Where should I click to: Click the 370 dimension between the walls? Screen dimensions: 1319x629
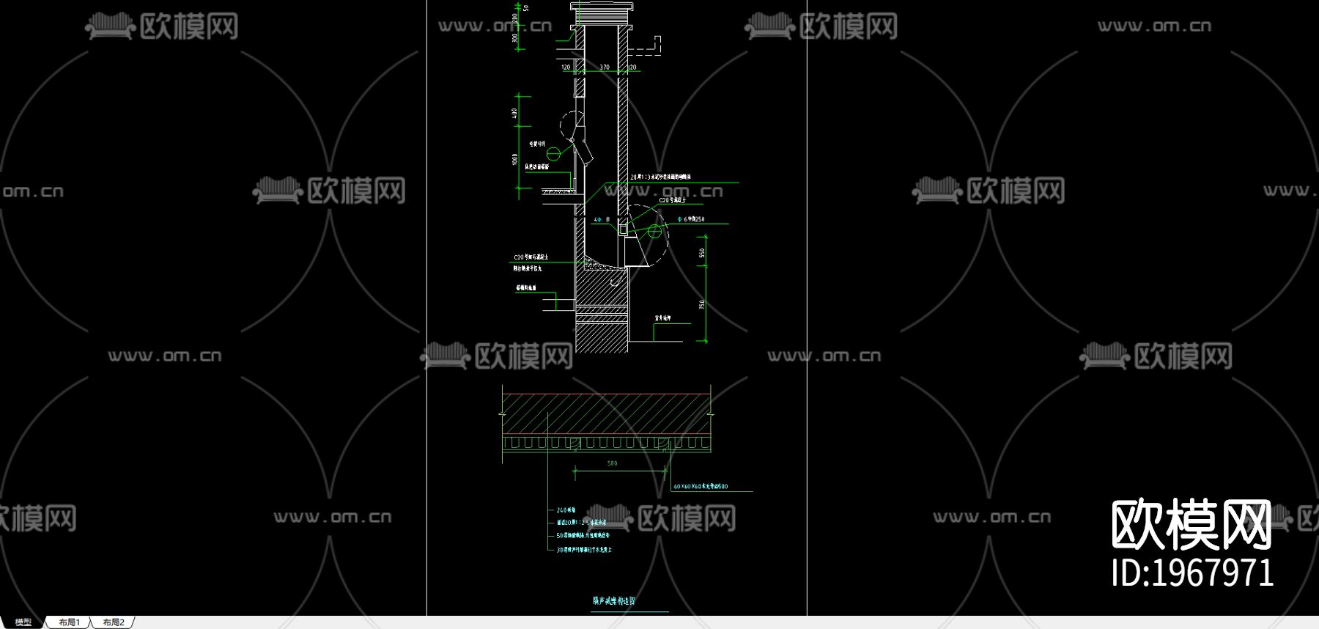tap(605, 67)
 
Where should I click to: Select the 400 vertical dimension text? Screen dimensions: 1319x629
tap(514, 113)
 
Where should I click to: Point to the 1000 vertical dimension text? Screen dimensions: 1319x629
tap(514, 159)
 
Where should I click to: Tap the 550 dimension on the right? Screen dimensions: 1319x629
tap(701, 253)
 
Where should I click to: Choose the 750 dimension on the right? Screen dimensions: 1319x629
tap(701, 304)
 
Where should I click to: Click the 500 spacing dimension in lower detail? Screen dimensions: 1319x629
tap(613, 463)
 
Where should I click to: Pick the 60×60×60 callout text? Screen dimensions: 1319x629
tap(701, 487)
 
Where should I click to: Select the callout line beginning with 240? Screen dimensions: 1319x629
tap(566, 510)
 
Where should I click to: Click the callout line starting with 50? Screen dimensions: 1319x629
tap(583, 536)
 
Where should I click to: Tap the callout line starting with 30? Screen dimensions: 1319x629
tap(584, 549)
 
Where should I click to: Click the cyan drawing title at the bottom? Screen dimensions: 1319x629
tap(614, 601)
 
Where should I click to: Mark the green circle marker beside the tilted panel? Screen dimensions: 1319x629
tap(553, 153)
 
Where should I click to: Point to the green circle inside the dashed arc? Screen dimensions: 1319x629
tap(654, 232)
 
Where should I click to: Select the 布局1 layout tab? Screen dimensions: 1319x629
tap(69, 622)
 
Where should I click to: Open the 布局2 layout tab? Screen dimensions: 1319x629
tap(114, 622)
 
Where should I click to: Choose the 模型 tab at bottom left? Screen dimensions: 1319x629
tap(23, 622)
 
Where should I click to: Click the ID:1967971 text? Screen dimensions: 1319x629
tap(1192, 573)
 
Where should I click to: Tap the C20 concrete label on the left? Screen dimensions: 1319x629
tap(531, 257)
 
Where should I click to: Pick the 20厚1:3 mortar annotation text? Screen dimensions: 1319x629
tap(660, 177)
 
